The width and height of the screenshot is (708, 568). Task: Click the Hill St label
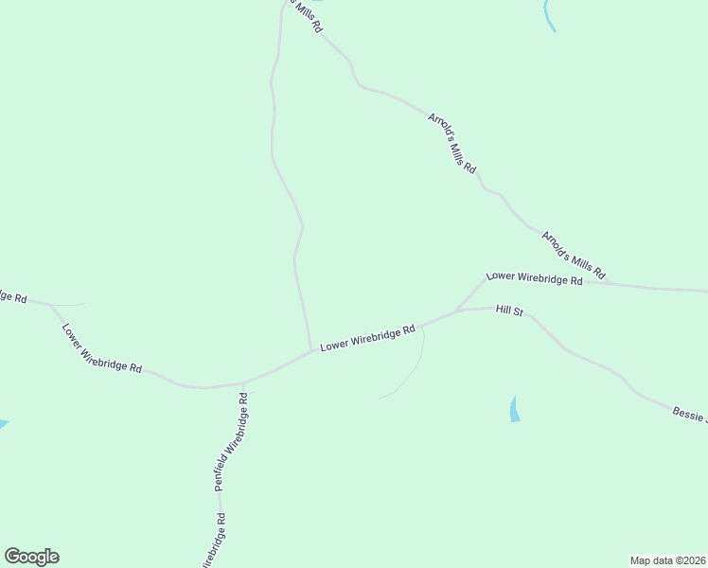pos(509,310)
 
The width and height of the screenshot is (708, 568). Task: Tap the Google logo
pos(31,557)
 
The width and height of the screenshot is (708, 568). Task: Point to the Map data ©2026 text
pos(667,559)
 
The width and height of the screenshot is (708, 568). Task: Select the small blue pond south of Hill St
pos(515,409)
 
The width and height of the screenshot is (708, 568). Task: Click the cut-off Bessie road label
pos(689,414)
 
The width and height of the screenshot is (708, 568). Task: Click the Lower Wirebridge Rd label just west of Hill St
pos(368,338)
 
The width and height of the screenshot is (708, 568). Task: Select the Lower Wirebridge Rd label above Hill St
pos(534,278)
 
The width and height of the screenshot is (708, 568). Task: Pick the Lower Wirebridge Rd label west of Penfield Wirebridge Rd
pos(102,348)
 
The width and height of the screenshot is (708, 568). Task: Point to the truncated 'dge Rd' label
pos(12,296)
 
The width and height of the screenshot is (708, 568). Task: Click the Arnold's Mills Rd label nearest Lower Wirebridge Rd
pos(573,252)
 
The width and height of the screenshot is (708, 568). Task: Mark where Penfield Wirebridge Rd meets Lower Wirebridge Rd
pos(243,383)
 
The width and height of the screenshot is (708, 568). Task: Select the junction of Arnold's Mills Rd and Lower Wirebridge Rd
pos(607,282)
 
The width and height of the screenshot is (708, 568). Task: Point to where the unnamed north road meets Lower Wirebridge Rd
pos(310,350)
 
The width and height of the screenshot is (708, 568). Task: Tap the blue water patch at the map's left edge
pos(3,423)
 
